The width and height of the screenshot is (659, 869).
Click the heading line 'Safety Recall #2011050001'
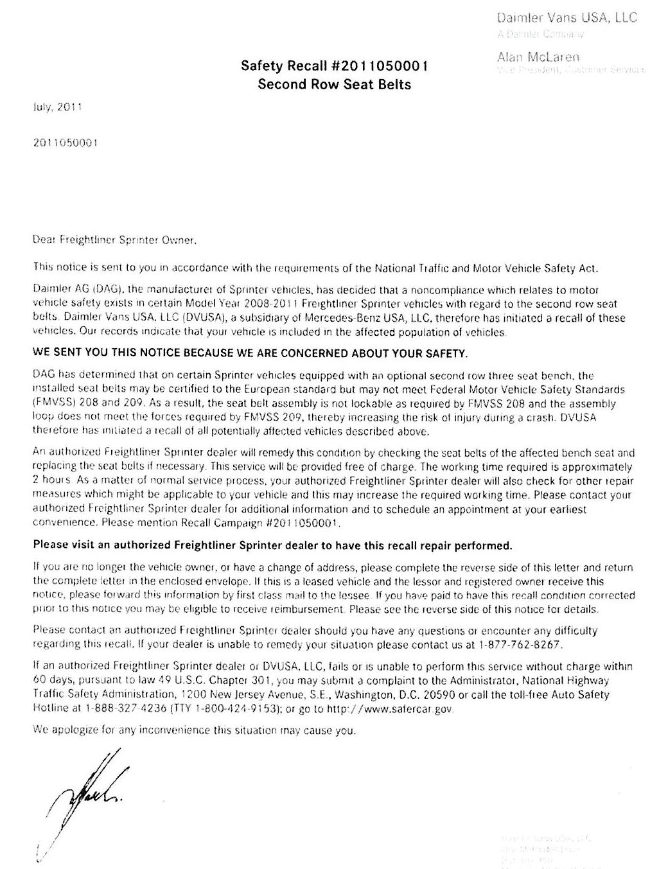334,66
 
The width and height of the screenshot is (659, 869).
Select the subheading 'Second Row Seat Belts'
334,84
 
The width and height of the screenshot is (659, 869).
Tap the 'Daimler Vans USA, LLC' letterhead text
567,17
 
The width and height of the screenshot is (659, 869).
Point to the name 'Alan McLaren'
538,57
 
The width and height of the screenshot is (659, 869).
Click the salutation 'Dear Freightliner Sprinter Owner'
113,241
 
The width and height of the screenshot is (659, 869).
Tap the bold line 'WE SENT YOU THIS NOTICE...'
250,353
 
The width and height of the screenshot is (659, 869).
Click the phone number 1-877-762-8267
522,645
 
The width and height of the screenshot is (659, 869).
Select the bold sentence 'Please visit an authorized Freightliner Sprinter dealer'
273,545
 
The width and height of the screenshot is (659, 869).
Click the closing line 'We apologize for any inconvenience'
193,730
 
